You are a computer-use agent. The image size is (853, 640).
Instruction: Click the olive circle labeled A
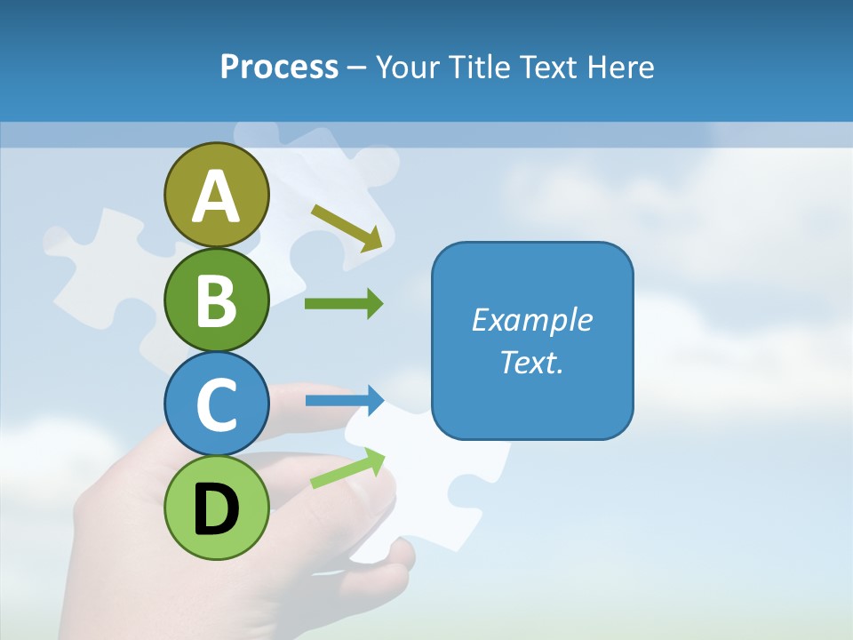[x=216, y=195]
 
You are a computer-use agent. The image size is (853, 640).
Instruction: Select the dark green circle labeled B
[x=216, y=300]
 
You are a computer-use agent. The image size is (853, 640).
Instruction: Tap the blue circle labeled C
[x=216, y=404]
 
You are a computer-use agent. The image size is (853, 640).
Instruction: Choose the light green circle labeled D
[x=216, y=508]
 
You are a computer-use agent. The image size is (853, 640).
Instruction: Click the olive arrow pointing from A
[x=347, y=227]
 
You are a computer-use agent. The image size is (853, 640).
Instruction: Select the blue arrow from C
[x=344, y=400]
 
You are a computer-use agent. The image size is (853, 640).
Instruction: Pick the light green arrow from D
[x=347, y=468]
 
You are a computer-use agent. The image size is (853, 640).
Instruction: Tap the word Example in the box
[x=532, y=320]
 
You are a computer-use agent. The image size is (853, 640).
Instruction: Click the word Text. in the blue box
[x=532, y=362]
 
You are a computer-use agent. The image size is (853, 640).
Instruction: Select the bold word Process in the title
[x=279, y=67]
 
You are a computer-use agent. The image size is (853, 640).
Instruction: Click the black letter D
[x=216, y=509]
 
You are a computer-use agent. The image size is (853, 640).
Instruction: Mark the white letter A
[x=216, y=196]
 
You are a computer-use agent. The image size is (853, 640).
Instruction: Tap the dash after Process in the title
[x=357, y=68]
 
